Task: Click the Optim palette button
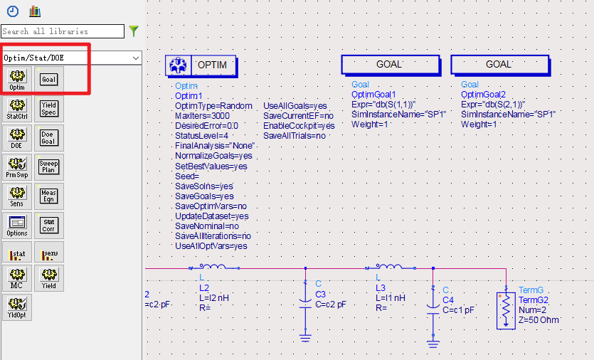tap(17, 79)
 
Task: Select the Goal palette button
tap(49, 79)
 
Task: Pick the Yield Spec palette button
tap(49, 108)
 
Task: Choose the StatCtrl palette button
tap(17, 108)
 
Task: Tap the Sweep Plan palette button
tap(49, 166)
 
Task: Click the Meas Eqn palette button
tap(49, 196)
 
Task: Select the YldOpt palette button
tap(17, 307)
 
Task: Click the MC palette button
tap(17, 277)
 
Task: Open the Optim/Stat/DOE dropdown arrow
tap(136, 58)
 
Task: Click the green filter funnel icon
tap(134, 31)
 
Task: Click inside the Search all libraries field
tap(63, 31)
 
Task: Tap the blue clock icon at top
tap(13, 11)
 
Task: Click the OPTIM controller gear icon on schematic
tap(178, 65)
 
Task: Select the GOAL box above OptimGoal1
tap(391, 65)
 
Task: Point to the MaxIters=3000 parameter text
tap(202, 116)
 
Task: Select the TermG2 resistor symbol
tap(506, 310)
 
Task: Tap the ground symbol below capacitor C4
tap(433, 344)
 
